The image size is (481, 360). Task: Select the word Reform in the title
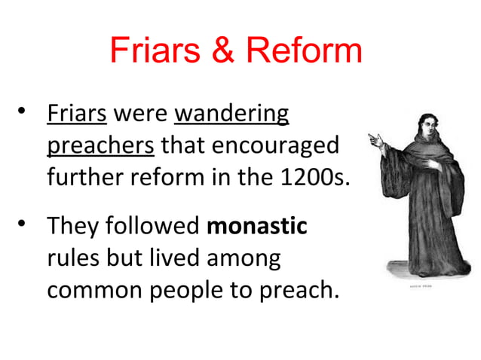pos(303,50)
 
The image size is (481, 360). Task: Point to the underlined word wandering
pos(231,115)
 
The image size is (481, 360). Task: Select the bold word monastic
pos(256,226)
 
